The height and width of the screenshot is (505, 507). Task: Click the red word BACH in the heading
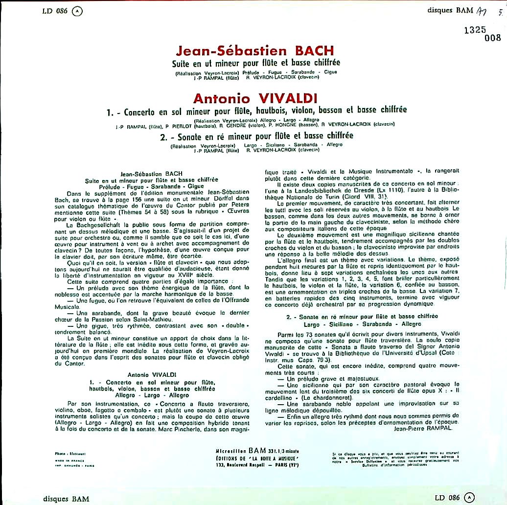[x=313, y=51]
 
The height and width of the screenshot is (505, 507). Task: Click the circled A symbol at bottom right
[x=470, y=498]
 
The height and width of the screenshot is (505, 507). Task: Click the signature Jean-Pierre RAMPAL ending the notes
[x=422, y=427]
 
